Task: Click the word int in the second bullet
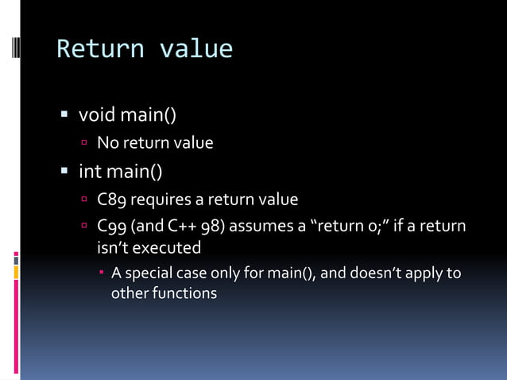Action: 89,170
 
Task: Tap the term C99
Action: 111,227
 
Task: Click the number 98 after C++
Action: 215,227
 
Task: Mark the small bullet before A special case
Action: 103,274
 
